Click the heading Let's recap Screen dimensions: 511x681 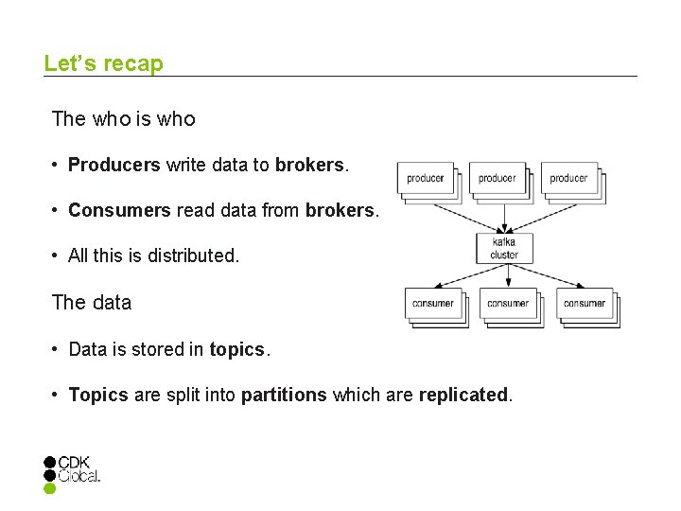103,64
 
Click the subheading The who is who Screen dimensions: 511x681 124,119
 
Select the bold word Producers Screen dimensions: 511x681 114,166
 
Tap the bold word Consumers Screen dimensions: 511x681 119,211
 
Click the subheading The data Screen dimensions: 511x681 92,303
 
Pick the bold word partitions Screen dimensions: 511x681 284,395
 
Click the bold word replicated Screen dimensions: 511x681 463,395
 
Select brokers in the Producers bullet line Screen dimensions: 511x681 310,166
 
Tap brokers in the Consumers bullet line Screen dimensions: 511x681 340,211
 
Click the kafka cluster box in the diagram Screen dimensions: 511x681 504,248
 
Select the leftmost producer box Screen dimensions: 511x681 426,179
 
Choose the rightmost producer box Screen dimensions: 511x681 568,179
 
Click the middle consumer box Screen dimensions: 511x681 508,304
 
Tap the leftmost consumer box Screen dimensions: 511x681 433,304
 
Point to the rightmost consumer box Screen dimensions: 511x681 584,304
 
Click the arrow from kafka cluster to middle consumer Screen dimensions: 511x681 508,275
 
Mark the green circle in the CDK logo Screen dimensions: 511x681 50,489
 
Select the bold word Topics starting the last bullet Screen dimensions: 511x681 98,395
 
